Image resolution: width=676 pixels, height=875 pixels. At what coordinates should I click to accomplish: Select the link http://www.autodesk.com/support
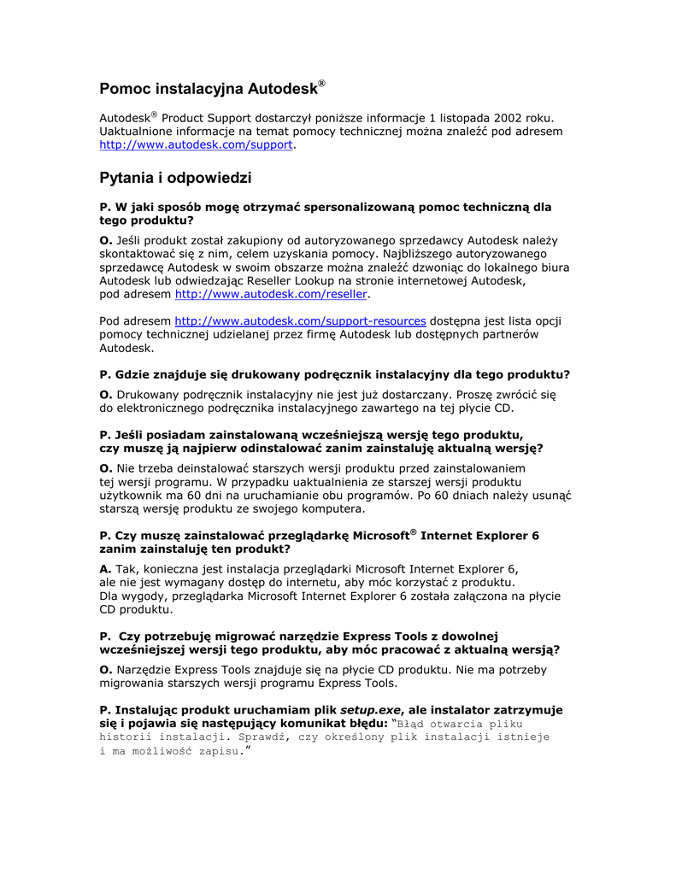[x=196, y=146]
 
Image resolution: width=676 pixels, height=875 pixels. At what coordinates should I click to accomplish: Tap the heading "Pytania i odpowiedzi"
[x=175, y=179]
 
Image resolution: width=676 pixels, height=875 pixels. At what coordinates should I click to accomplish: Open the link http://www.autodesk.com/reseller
[x=271, y=294]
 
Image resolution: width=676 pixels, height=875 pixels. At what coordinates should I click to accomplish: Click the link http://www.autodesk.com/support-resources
[x=300, y=321]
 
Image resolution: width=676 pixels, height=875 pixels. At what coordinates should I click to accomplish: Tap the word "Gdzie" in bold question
[x=131, y=374]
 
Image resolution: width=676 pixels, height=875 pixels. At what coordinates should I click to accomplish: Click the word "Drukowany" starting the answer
[x=146, y=394]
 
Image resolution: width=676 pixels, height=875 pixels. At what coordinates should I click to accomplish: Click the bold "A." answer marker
[x=106, y=568]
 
